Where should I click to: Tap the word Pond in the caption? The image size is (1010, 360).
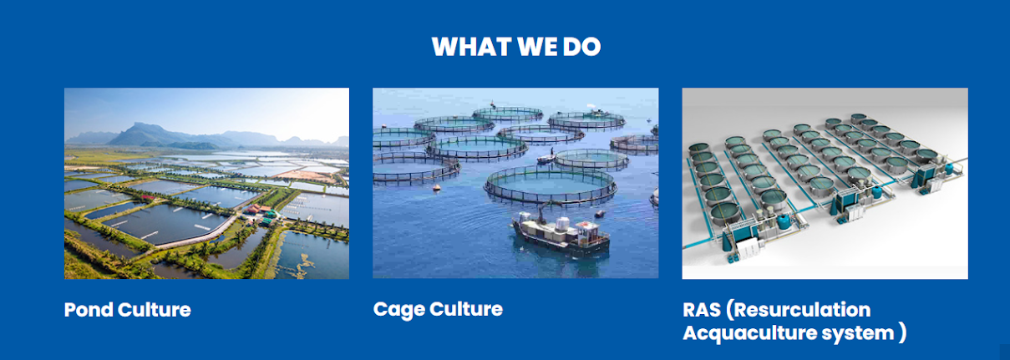[x=88, y=310]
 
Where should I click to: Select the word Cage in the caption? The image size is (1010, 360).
[x=398, y=310]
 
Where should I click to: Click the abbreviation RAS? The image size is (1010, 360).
[x=702, y=310]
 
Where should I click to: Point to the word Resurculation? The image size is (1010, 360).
[x=798, y=310]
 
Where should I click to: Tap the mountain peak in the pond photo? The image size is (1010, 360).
[x=144, y=124]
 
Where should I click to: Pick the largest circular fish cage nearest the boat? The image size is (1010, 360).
[x=551, y=185]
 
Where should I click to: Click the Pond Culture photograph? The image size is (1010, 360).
[x=206, y=184]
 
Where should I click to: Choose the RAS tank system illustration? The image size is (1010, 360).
[x=825, y=184]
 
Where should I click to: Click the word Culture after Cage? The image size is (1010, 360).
[x=466, y=310]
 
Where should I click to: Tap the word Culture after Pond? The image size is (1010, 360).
[x=155, y=310]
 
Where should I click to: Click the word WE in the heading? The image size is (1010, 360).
[x=536, y=47]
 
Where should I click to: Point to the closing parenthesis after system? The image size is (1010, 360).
[x=902, y=333]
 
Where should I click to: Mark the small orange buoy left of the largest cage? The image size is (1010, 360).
[x=436, y=187]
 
